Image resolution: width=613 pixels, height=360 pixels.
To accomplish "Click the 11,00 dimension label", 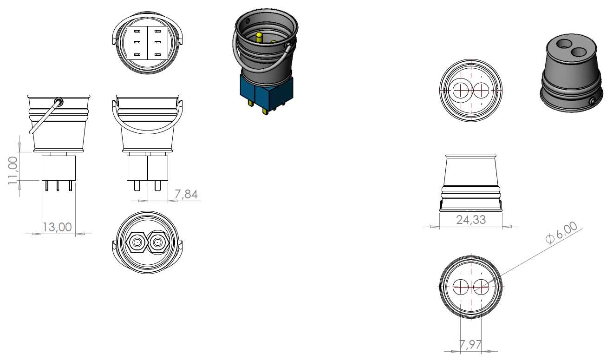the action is coord(13,170).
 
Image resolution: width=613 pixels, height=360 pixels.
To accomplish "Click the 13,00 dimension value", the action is coord(57,227).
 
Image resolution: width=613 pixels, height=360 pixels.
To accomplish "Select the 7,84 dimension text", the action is coord(186,194).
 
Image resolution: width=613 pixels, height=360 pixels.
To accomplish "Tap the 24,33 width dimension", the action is coord(471,220).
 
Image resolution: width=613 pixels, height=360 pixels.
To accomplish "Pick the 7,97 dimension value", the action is coord(470,345).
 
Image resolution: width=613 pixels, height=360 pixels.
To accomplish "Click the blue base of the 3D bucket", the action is coord(267,93).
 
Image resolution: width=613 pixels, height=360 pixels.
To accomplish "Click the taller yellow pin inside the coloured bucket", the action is coord(259,37).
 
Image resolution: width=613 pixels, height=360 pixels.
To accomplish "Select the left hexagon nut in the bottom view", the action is coord(137,242).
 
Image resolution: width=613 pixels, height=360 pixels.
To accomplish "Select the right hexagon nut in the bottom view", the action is coord(157,242).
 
